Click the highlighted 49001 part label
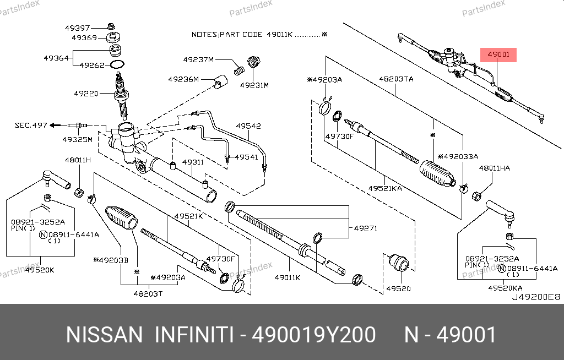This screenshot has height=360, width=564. (499, 54)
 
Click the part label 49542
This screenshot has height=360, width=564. (248, 126)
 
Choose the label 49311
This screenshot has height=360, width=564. (193, 162)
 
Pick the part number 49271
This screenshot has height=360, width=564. (365, 228)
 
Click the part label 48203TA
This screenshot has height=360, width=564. (395, 79)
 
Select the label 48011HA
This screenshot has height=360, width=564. (494, 168)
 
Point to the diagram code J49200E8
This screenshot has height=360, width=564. (535, 297)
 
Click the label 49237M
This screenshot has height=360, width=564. (199, 59)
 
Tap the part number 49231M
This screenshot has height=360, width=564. (254, 85)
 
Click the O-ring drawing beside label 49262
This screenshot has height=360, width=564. (117, 65)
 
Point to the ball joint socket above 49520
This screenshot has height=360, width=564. (398, 263)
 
